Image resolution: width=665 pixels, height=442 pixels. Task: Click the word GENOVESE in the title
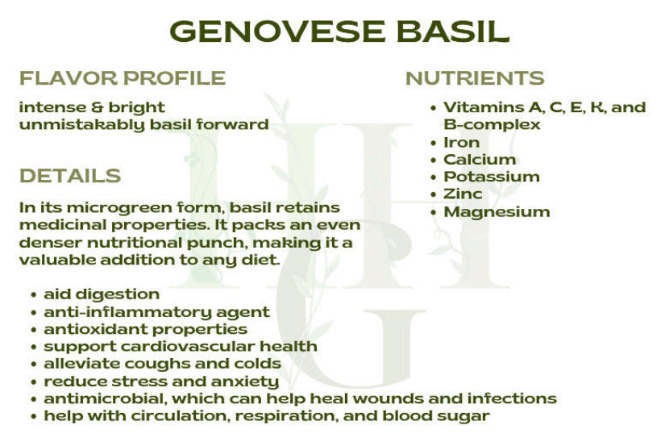click(x=278, y=31)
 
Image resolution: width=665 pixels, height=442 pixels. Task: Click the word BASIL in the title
click(x=453, y=31)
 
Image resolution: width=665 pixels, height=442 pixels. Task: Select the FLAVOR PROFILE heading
click(x=123, y=78)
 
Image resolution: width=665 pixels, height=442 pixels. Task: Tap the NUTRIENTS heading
click(x=475, y=78)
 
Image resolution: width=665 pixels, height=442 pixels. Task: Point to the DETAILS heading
click(x=70, y=176)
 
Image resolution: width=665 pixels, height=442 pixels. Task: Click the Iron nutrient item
click(x=461, y=143)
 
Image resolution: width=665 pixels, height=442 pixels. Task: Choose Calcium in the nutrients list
click(x=480, y=160)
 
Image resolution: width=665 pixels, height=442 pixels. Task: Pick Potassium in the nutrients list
click(x=492, y=177)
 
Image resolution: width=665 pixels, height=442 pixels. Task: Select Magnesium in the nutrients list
click(x=497, y=211)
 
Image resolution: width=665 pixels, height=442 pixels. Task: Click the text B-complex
click(x=492, y=125)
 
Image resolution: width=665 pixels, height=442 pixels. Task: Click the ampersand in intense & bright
click(x=97, y=107)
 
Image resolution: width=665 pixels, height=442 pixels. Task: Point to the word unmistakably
click(x=82, y=125)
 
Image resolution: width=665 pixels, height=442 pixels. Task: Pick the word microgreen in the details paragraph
click(x=119, y=208)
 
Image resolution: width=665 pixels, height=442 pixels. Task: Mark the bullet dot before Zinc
click(x=433, y=194)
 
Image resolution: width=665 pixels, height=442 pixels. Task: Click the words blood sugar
click(x=435, y=416)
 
